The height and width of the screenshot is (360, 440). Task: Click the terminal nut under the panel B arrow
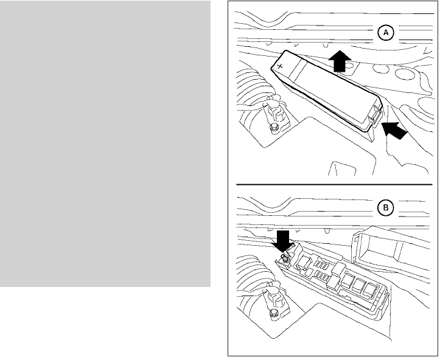(284, 260)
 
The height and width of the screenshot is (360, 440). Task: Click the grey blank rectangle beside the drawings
(105, 144)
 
